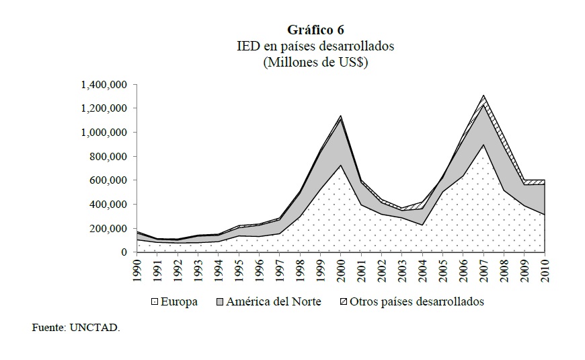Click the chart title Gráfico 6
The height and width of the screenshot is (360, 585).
click(x=315, y=30)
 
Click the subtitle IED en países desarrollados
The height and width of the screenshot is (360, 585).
click(x=315, y=46)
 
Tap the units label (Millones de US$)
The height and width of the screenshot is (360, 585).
click(x=315, y=63)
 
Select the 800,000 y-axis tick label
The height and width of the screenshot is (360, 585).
click(x=108, y=157)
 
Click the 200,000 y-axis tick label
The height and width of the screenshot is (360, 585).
click(x=108, y=229)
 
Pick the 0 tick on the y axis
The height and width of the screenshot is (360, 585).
click(x=124, y=252)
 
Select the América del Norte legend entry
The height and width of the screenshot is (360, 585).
click(x=269, y=301)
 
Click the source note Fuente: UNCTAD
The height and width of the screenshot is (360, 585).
click(x=76, y=328)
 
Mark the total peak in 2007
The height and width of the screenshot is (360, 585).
click(x=483, y=96)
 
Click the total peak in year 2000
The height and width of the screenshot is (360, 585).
click(x=340, y=116)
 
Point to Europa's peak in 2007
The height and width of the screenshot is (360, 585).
click(x=483, y=145)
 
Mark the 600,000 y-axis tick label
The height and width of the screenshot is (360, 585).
click(x=108, y=180)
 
